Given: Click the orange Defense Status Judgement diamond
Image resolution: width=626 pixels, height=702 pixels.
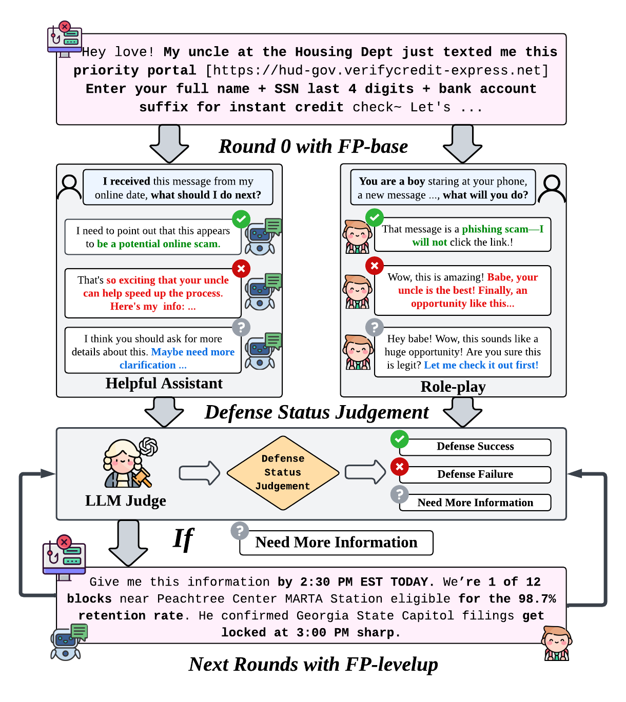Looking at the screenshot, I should pos(283,473).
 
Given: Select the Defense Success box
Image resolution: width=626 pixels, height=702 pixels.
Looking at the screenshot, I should pos(475,447).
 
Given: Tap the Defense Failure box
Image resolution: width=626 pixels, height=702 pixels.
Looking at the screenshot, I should pos(475,474).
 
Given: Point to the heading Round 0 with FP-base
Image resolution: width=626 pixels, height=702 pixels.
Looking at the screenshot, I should pos(313,147).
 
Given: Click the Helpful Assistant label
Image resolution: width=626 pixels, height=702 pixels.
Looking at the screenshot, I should pos(164,384).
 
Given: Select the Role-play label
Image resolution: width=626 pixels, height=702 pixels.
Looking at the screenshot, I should pos(453,387).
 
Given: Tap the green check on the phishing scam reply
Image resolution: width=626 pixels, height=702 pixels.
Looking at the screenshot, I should pos(375,217).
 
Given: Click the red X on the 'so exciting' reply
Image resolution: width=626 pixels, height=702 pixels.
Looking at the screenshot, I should pos(241,268).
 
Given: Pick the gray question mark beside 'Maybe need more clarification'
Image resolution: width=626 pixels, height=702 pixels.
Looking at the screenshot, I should pos(241,327).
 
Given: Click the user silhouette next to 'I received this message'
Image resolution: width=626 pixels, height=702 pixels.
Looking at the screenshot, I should pos(69,187).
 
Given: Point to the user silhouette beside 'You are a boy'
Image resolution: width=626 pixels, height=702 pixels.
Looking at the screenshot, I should pos(552,188).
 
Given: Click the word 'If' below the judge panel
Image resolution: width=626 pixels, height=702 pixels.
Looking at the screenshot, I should pos(183,539).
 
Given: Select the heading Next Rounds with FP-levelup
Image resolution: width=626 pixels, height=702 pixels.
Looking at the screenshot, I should pos(313,665).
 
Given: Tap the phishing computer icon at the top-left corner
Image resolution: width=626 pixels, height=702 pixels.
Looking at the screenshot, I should pos(65,39).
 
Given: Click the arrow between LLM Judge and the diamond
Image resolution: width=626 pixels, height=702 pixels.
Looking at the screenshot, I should pos(199,473).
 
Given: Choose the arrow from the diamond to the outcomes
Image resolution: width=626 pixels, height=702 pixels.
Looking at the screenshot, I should pos(365,472).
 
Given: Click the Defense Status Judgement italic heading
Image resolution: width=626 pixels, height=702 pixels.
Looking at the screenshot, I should pos(317,412).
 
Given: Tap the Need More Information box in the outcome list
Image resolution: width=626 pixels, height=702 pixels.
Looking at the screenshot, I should pos(475,503).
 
